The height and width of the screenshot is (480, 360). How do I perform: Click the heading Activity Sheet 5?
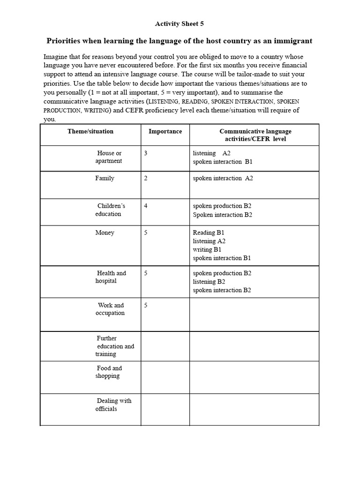[x=180, y=23]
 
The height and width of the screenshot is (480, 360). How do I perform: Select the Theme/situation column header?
[x=90, y=131]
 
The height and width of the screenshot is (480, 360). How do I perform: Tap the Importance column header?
[x=165, y=131]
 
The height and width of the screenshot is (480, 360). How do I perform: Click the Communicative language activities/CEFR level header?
[x=255, y=135]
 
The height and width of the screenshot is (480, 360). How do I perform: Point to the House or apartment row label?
[x=109, y=157]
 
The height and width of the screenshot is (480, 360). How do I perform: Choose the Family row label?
[x=105, y=178]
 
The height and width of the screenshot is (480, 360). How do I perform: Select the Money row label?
[x=105, y=232]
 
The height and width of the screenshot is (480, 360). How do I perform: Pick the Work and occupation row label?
[x=110, y=309]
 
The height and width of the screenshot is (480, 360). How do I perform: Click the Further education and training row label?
[x=115, y=346]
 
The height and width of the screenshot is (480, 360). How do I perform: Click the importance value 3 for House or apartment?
[x=146, y=153]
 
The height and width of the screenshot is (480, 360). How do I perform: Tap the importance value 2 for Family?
[x=146, y=178]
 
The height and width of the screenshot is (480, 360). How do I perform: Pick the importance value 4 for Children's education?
[x=146, y=206]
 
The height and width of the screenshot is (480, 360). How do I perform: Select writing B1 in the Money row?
[x=207, y=249]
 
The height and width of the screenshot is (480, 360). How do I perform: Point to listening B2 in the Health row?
[x=209, y=282]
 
